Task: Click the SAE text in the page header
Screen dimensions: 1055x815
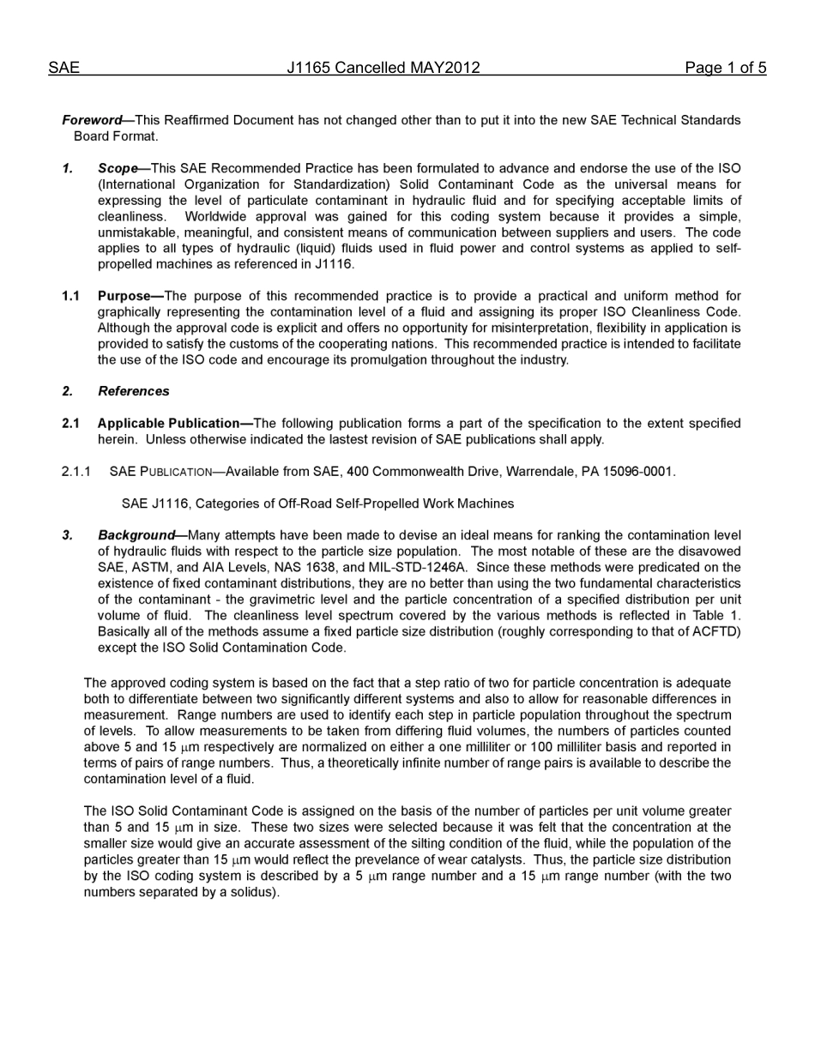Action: pos(63,68)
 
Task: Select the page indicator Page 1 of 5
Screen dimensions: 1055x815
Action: pos(725,68)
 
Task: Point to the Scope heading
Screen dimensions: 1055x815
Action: pos(118,168)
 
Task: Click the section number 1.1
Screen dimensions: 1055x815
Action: pos(71,296)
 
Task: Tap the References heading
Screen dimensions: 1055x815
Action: pos(133,391)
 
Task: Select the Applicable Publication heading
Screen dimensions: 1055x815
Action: pos(169,423)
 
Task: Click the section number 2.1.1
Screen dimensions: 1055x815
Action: pos(76,471)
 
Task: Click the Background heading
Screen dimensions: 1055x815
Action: pos(136,535)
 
